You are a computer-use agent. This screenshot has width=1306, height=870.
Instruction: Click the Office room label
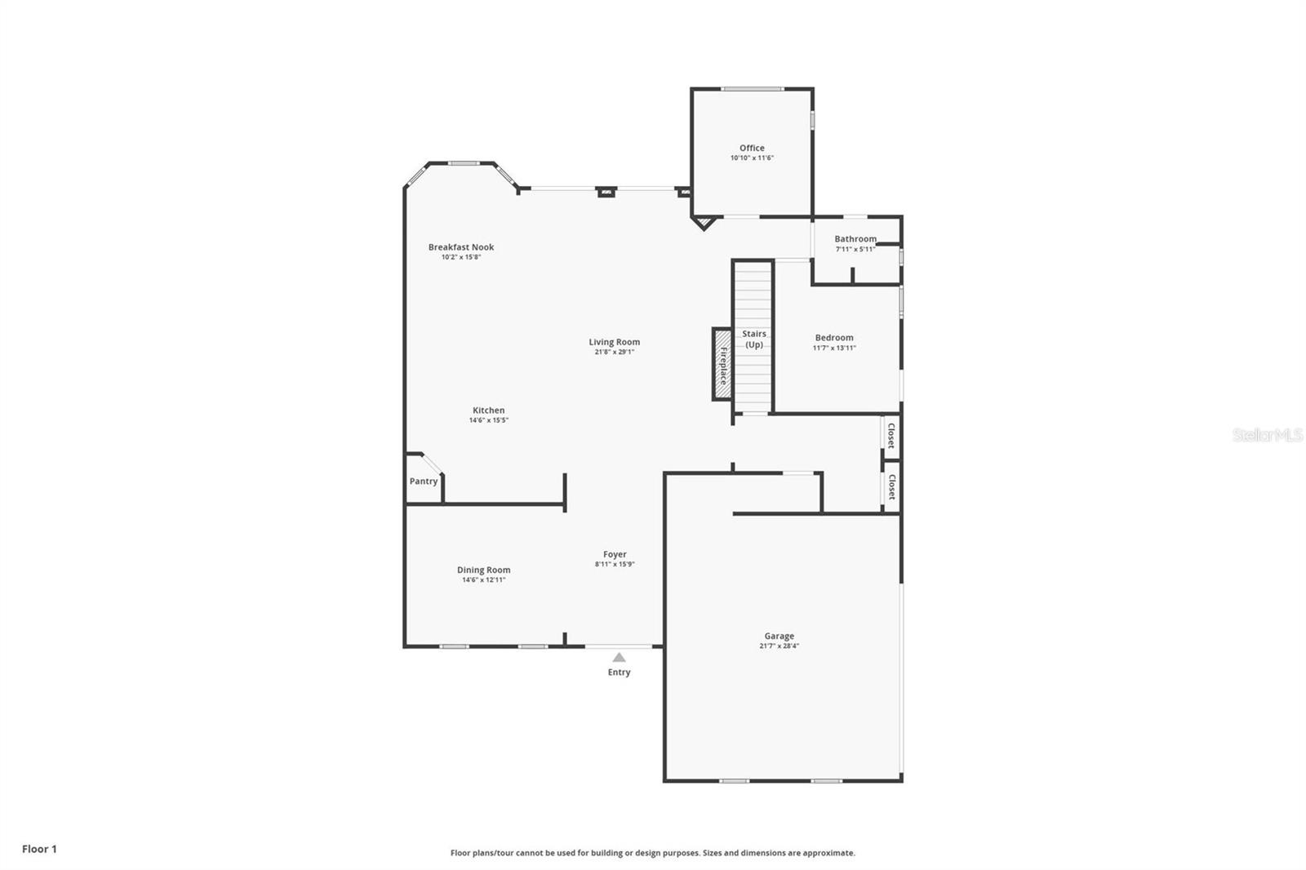(752, 148)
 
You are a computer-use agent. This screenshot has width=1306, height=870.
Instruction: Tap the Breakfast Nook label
(461, 247)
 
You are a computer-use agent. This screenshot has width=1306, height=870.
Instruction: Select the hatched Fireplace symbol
(722, 364)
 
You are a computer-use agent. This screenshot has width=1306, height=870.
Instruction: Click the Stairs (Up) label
(754, 339)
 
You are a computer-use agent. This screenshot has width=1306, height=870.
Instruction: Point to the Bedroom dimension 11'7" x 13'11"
(834, 348)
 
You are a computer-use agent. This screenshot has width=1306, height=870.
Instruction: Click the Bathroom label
(855, 239)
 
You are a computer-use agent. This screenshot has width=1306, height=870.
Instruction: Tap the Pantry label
(424, 482)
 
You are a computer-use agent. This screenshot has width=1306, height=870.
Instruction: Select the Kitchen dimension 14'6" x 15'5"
(488, 420)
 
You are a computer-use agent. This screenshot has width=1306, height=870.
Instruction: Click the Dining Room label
(483, 570)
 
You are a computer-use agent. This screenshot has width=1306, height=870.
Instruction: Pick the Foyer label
(615, 554)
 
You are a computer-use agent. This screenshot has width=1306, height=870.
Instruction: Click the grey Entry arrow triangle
(619, 657)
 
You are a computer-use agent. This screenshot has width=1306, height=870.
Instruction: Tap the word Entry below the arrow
(619, 672)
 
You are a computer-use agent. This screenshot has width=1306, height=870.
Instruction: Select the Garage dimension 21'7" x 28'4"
(779, 646)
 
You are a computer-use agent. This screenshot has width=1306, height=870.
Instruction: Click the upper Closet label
(891, 436)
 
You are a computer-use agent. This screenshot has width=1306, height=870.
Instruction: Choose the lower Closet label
(891, 487)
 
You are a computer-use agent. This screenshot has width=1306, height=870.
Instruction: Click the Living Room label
(614, 342)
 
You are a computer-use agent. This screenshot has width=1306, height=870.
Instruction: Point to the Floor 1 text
(39, 849)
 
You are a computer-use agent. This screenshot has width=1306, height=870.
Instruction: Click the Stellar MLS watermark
(1268, 436)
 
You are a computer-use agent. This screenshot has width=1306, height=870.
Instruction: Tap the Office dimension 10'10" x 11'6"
(752, 158)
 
